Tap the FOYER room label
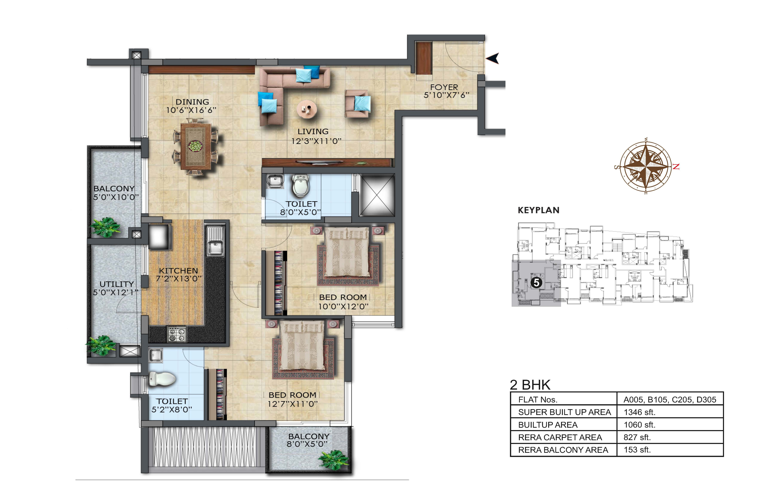tap(444, 87)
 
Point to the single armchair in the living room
tap(357, 104)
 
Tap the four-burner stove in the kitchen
tap(177, 334)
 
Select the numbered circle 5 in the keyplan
tap(536, 283)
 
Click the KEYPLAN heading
tap(538, 210)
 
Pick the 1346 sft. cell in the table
tap(639, 412)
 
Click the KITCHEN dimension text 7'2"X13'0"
tap(179, 279)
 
